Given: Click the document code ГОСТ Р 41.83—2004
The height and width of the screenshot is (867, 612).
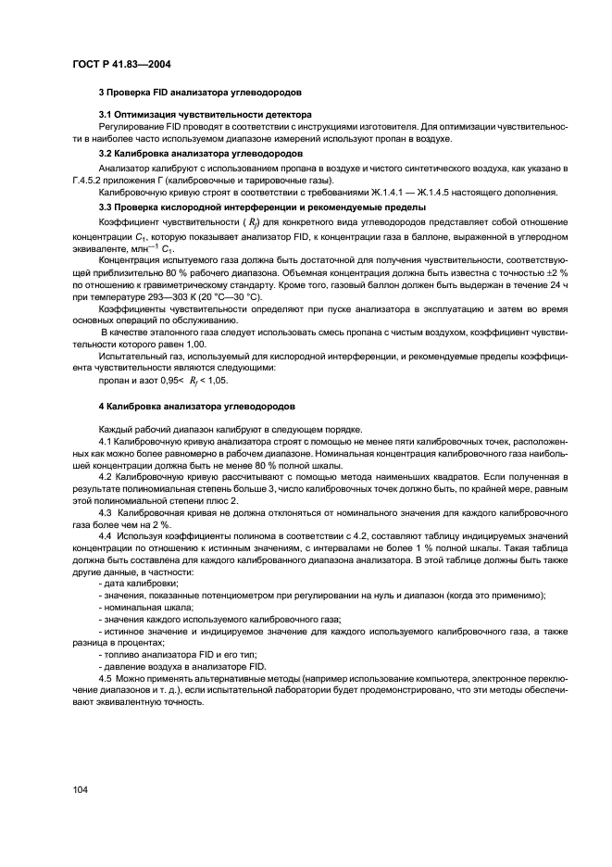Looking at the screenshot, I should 119,64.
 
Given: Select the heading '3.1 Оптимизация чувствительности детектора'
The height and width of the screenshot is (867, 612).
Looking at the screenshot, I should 205,114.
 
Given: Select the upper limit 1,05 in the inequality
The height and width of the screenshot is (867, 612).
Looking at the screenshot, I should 216,380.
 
